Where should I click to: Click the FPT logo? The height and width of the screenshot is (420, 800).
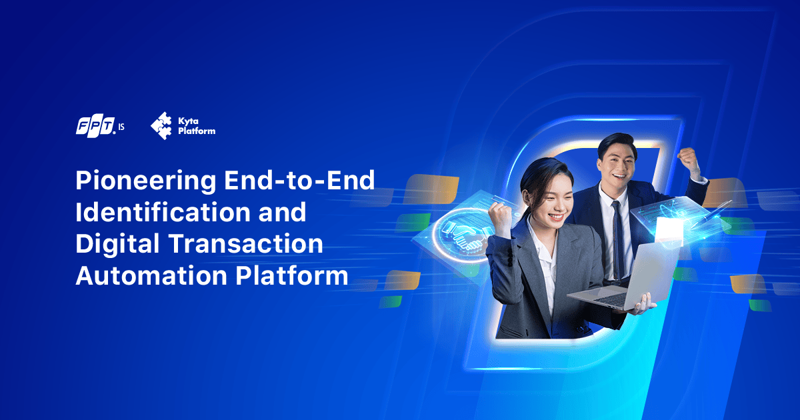pos(95,127)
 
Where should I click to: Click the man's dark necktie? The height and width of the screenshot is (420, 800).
pos(617,233)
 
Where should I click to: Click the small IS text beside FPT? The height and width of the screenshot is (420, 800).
pos(121,127)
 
